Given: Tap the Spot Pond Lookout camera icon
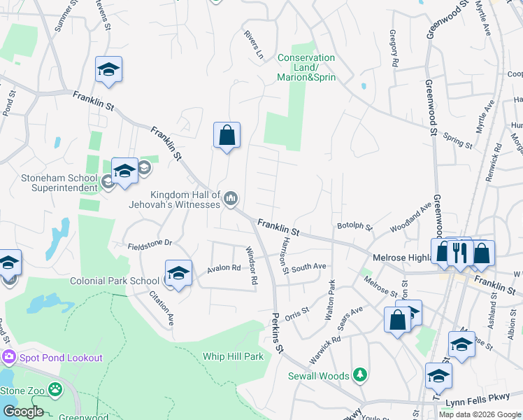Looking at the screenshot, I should pyautogui.click(x=9, y=357).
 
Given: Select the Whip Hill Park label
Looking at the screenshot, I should pyautogui.click(x=233, y=356).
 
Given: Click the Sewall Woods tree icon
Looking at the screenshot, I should pyautogui.click(x=360, y=376).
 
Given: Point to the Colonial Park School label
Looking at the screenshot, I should pyautogui.click(x=115, y=281).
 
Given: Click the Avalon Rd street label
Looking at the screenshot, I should pyautogui.click(x=224, y=269).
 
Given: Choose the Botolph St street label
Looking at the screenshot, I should pyautogui.click(x=354, y=226).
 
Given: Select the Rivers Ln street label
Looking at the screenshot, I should pyautogui.click(x=253, y=43).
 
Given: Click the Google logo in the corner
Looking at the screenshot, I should pyautogui.click(x=23, y=412).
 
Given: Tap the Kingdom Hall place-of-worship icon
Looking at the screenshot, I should pyautogui.click(x=231, y=200).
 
